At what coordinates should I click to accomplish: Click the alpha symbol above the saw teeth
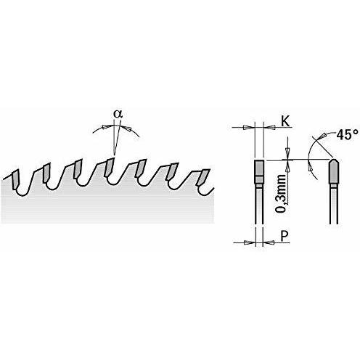click(118, 114)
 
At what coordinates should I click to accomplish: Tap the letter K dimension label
click(285, 121)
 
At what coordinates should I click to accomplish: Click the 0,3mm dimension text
click(282, 193)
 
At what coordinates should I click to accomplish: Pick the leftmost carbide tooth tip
click(15, 179)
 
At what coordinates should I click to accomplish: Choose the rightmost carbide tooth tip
click(204, 177)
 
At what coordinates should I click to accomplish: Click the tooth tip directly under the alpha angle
click(110, 167)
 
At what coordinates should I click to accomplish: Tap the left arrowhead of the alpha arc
click(106, 127)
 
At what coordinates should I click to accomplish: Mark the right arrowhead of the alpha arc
click(128, 128)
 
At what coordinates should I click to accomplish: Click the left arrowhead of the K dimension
click(247, 127)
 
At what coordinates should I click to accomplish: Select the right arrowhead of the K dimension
click(271, 127)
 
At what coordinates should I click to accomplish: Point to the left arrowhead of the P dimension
click(248, 242)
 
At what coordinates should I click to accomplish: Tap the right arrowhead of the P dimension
click(269, 242)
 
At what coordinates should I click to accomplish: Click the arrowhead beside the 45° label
click(323, 136)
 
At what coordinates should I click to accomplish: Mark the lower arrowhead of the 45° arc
click(309, 167)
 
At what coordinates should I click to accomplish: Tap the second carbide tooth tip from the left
click(46, 173)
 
